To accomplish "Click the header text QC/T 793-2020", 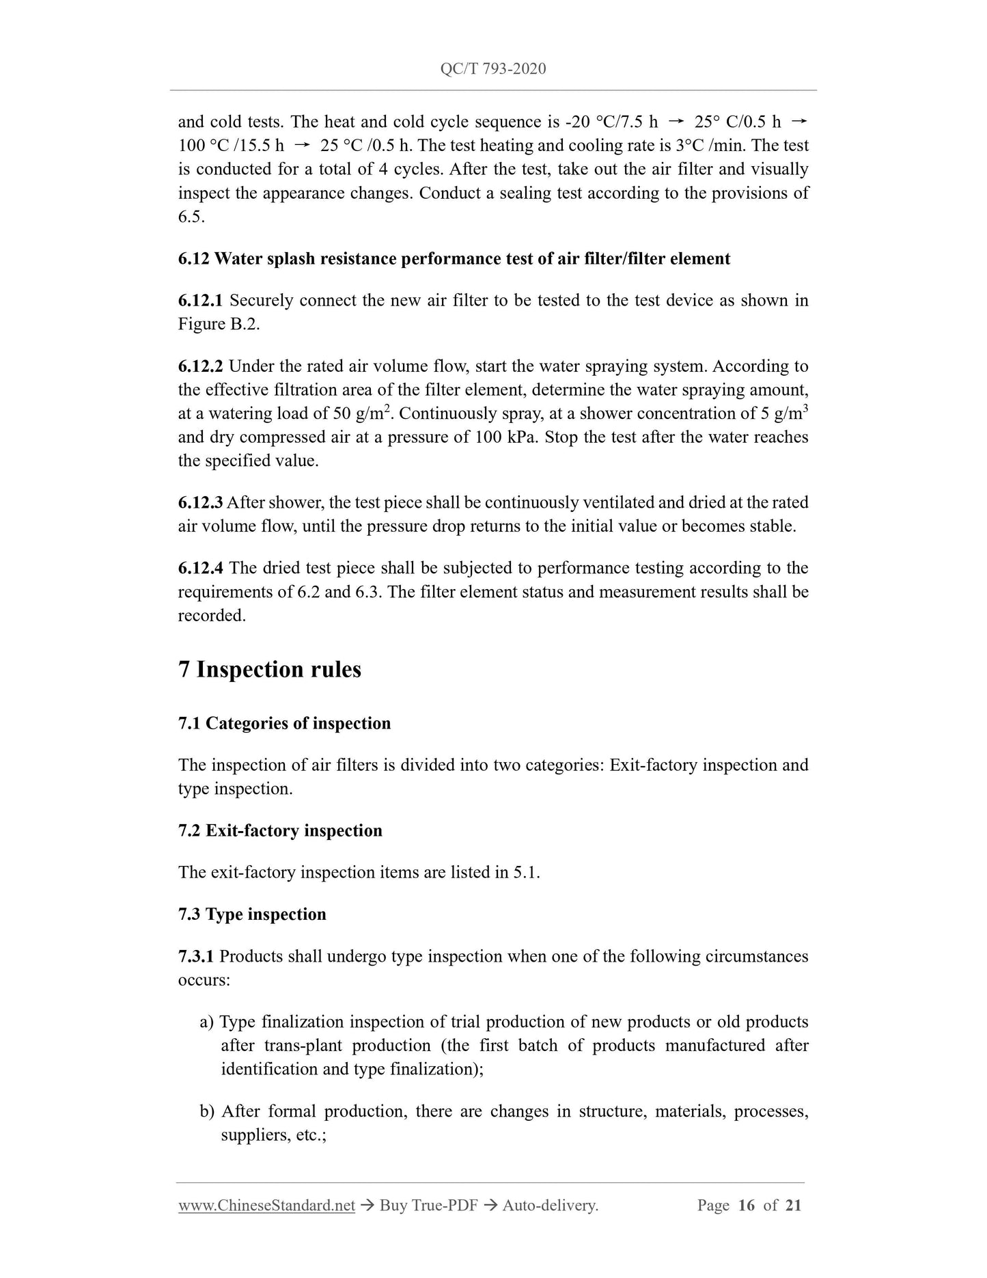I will (493, 69).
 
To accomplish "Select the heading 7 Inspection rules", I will (270, 669).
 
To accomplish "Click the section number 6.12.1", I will (200, 301).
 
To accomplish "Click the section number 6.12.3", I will (200, 503).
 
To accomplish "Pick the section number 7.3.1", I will (196, 956).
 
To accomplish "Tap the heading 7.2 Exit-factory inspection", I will (280, 831).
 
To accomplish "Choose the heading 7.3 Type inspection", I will (252, 914).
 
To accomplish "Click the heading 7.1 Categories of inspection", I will (284, 724).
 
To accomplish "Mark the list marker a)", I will (207, 1022).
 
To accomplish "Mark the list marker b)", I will (207, 1112).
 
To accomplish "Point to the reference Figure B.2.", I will (219, 325).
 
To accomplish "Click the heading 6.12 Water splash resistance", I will (454, 259).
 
